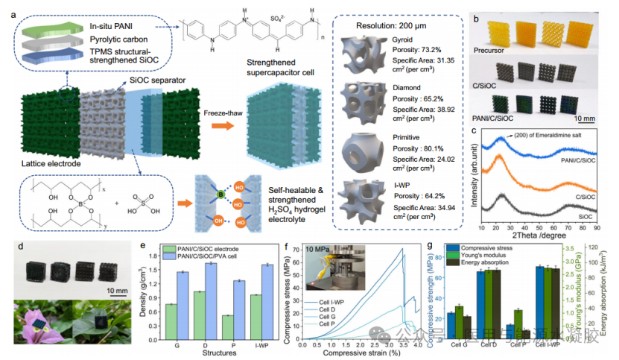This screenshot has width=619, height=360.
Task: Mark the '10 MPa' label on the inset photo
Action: pos(322,254)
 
